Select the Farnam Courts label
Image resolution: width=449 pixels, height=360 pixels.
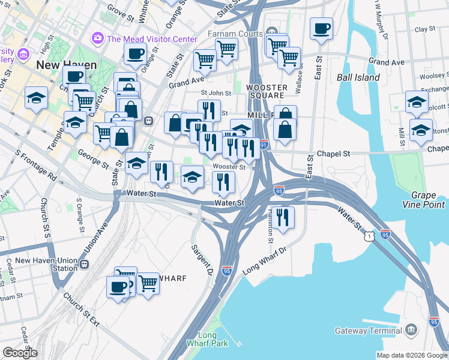coord(235,34)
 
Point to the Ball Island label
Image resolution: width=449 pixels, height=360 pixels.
coord(358,77)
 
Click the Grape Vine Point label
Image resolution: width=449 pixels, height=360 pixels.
coord(420,200)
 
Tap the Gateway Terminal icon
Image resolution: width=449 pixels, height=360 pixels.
coord(411,330)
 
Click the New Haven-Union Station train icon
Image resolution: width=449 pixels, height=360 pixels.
coord(85,265)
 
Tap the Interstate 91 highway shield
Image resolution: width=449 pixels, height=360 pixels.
coord(265,145)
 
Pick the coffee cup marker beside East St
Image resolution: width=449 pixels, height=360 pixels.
coord(321,28)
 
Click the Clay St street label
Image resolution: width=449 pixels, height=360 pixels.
coord(424,29)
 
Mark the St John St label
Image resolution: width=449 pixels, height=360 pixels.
coord(215,93)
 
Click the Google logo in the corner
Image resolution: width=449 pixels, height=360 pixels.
coord(20,353)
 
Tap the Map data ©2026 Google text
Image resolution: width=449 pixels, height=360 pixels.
coord(411,355)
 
